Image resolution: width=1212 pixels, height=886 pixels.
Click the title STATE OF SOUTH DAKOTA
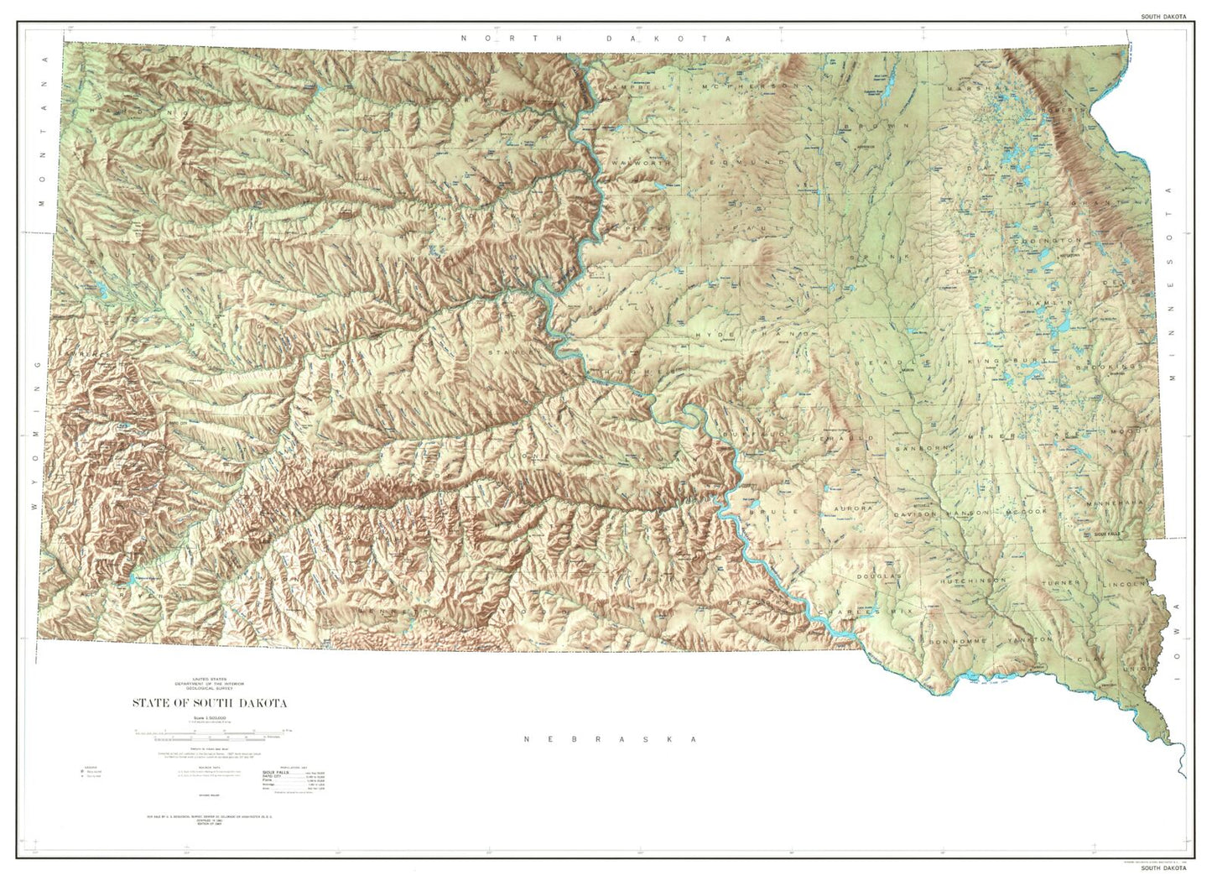coord(209,703)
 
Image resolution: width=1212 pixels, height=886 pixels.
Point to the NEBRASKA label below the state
coord(611,739)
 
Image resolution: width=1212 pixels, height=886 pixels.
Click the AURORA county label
coord(853,508)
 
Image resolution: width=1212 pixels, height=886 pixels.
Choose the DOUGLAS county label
coord(878,577)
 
